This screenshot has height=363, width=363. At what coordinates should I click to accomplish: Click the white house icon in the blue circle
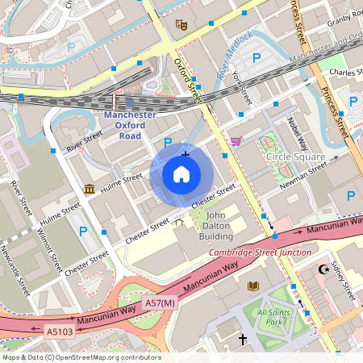tap(181, 173)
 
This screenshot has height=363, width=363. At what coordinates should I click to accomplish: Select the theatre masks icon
tap(181, 24)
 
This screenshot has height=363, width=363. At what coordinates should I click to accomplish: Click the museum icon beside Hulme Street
tap(89, 189)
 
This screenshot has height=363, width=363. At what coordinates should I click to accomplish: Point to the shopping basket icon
tap(235, 141)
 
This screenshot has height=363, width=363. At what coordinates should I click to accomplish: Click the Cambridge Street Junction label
tap(248, 252)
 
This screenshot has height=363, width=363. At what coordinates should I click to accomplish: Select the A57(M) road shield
tap(159, 302)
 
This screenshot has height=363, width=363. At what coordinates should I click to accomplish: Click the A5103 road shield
tap(60, 331)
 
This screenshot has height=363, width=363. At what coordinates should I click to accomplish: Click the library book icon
tap(253, 286)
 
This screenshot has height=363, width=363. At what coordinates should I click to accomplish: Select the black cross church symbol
tap(242, 340)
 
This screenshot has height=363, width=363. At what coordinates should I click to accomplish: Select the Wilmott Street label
tap(48, 251)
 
